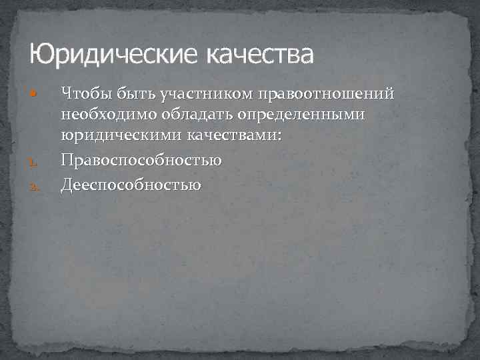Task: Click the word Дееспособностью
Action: tap(131, 183)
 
